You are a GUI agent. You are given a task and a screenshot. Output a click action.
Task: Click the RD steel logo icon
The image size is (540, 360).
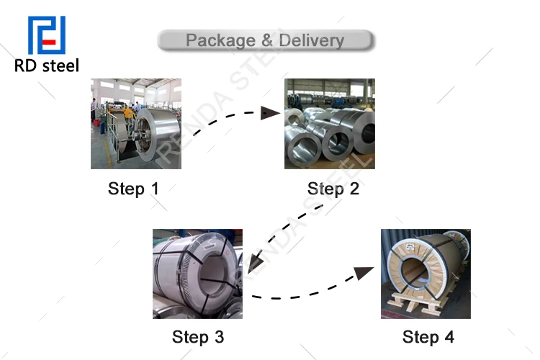click(46, 35)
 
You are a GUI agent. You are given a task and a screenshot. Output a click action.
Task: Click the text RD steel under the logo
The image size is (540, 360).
click(47, 66)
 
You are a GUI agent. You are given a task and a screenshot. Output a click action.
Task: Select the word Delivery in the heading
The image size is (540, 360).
click(312, 40)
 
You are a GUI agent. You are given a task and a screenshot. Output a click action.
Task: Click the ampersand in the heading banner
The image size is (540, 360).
click(267, 40)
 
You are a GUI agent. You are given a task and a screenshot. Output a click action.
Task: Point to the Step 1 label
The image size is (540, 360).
click(133, 189)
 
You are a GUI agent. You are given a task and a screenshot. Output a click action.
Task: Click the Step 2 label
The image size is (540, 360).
click(333, 189)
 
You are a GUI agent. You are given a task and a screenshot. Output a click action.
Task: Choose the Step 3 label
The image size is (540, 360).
click(198, 337)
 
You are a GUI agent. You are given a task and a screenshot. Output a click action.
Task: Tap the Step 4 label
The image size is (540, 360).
click(428, 337)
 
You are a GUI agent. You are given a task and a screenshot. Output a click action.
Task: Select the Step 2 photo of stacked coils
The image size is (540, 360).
click(330, 124)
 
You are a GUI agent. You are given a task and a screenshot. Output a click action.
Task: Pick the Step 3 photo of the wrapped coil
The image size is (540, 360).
click(197, 274)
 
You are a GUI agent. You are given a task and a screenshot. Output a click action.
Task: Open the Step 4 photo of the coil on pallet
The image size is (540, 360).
click(426, 274)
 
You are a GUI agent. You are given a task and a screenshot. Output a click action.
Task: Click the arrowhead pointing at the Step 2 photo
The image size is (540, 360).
click(271, 112)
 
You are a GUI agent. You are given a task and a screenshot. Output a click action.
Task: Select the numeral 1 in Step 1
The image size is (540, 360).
click(153, 189)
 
